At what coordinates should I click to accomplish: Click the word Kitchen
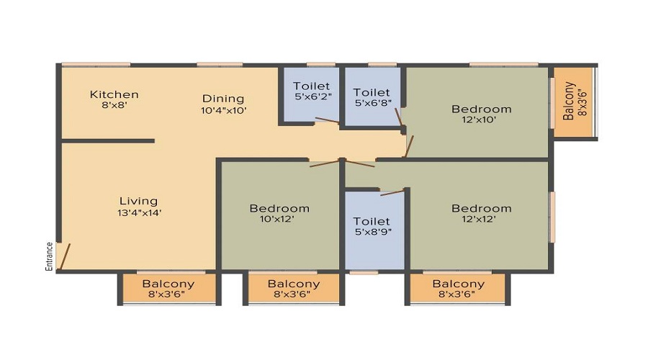pos(114,94)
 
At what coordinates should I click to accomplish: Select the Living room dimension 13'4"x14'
pos(139,213)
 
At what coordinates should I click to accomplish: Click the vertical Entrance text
pos(49,256)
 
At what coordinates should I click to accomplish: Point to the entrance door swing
pos(64,256)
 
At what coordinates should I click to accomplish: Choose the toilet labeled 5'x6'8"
pos(372,96)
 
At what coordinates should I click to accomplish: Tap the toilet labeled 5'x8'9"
pos(373,230)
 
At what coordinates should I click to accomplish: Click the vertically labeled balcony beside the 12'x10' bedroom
pos(574,102)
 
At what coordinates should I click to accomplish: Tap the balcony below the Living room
pos(168,289)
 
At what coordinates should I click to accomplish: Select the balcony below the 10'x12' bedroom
pos(294,289)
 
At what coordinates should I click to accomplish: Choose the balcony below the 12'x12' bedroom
pos(458,289)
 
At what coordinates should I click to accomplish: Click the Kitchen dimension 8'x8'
pos(114,105)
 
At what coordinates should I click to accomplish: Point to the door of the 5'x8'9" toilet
pos(392,193)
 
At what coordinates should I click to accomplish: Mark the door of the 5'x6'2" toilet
pos(327,120)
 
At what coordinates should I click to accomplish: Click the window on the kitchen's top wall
pos(96,65)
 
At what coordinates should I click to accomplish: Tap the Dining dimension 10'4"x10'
pos(224,110)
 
